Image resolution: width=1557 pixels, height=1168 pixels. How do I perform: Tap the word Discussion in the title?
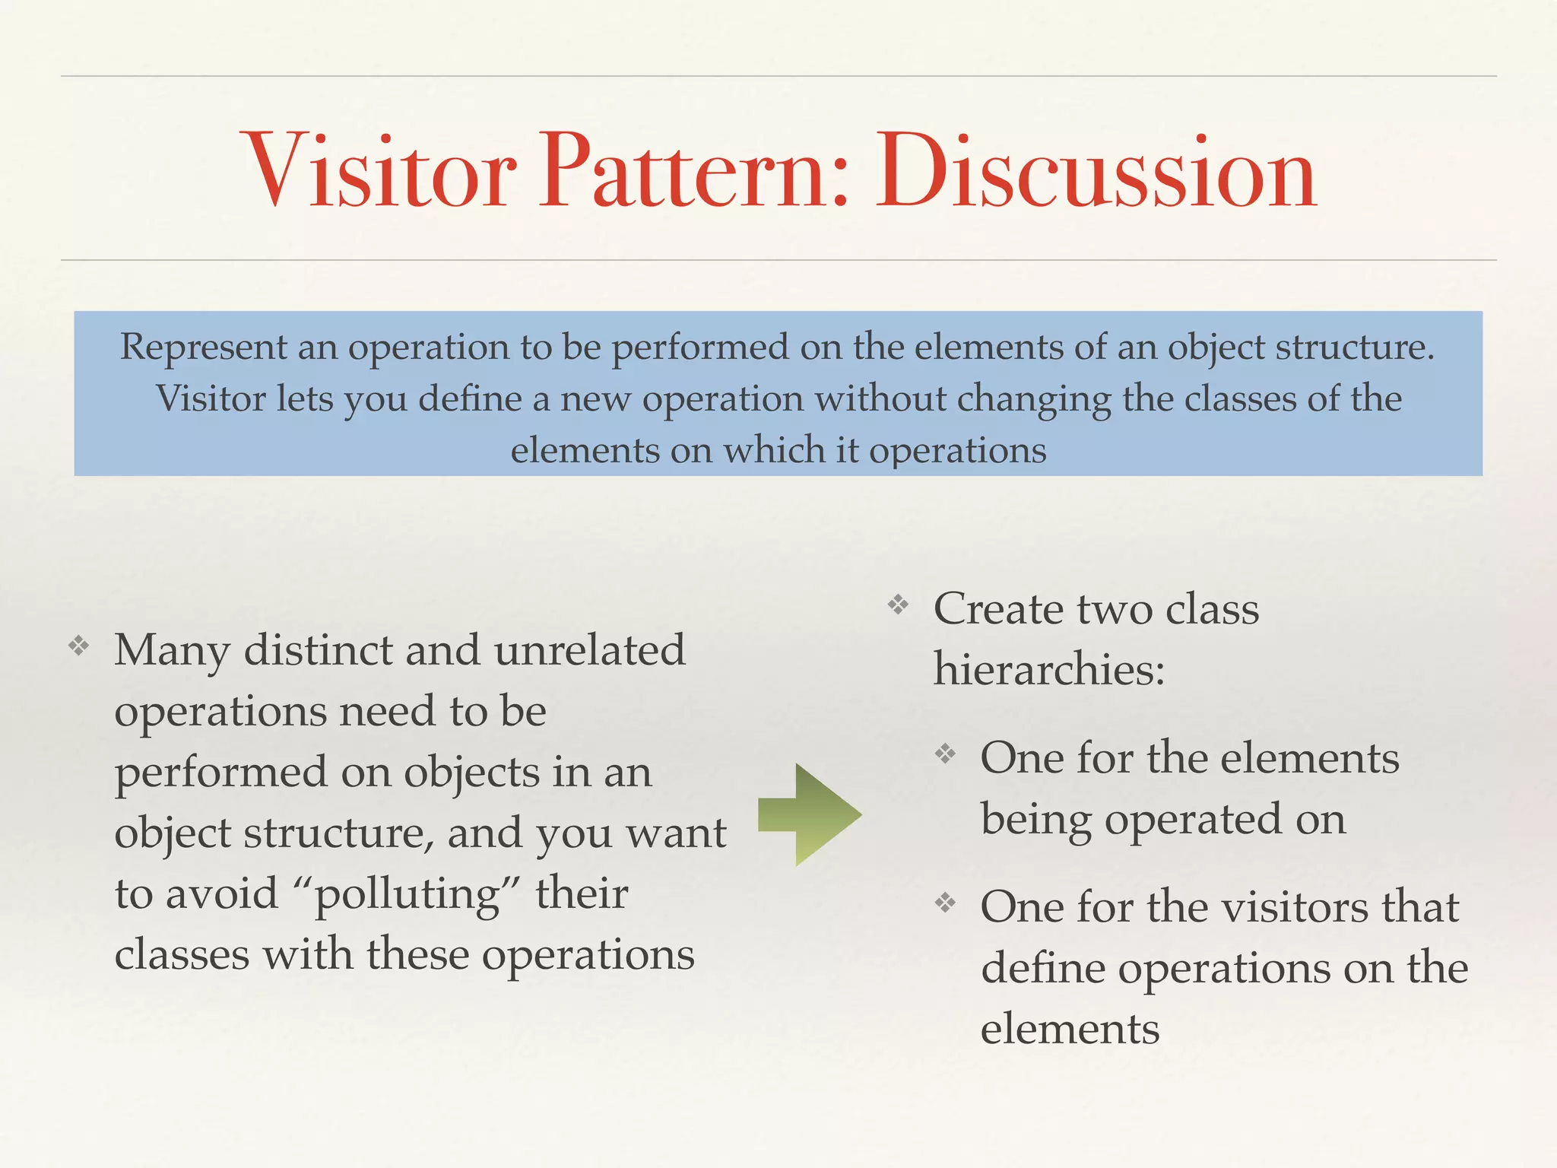[x=1096, y=170]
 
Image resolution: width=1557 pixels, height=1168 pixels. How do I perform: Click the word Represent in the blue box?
[x=204, y=348]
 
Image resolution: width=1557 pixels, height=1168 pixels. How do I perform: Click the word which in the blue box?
[x=774, y=450]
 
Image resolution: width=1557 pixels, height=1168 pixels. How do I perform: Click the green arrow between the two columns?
[x=810, y=814]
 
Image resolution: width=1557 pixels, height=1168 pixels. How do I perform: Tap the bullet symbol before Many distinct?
[x=79, y=647]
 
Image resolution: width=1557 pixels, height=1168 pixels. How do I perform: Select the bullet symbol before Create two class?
[x=899, y=605]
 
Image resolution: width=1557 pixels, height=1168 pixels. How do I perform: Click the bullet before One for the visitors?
[x=945, y=903]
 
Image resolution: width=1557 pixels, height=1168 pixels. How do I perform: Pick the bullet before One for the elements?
[x=945, y=754]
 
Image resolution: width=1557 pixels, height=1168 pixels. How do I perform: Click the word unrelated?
[x=589, y=650]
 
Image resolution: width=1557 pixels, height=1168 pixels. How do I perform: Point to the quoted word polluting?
[x=407, y=894]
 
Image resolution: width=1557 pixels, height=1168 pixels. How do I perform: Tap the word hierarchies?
[x=1049, y=669]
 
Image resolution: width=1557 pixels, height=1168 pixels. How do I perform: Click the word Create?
[x=998, y=609]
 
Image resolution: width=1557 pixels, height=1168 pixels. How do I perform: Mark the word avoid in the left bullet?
[x=222, y=893]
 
